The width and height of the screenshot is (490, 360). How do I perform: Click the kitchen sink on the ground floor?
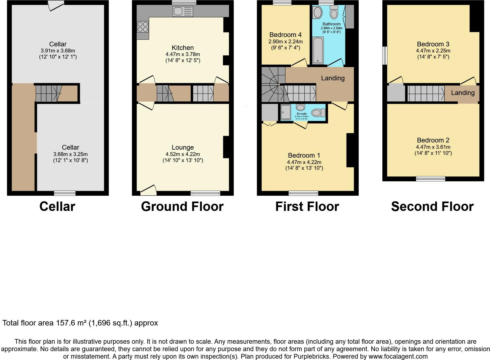[x=183, y=11]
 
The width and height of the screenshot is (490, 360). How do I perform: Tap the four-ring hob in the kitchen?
[x=143, y=27]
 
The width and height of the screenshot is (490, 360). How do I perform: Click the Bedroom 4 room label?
[x=285, y=35]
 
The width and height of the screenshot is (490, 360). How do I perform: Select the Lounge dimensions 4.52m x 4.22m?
[x=183, y=154]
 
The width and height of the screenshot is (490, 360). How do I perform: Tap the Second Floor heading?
[x=432, y=207]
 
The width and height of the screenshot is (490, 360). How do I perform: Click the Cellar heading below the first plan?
[x=57, y=207]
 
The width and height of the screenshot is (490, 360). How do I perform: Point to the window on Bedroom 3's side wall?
[x=385, y=55]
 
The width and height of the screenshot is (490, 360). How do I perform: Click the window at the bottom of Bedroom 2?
[x=430, y=179]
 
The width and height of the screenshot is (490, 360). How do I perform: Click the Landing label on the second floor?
[x=463, y=93]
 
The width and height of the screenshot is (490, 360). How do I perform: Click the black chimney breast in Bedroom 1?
[x=350, y=150]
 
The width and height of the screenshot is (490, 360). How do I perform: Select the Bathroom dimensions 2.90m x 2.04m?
[x=331, y=28]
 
